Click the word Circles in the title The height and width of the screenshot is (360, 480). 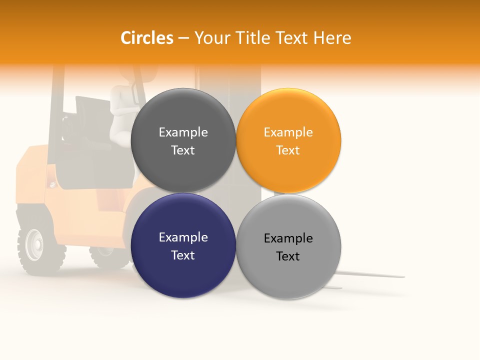click(x=146, y=38)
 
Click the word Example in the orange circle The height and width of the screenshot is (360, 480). click(x=288, y=132)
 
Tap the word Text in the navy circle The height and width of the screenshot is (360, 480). click(x=183, y=255)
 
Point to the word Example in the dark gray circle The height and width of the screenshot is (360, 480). click(x=183, y=132)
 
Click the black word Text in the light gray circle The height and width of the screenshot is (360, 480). click(x=288, y=256)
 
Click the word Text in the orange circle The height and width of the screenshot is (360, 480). click(x=288, y=150)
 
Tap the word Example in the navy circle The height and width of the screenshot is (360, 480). click(x=183, y=237)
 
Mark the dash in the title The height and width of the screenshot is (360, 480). click(x=183, y=38)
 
